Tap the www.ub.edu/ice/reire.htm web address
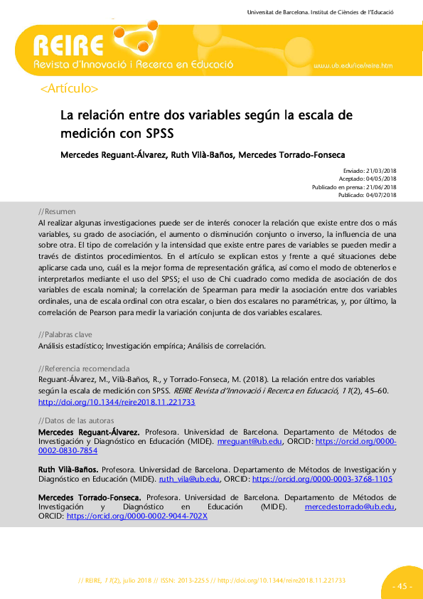353,66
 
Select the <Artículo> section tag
70,89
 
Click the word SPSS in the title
160,132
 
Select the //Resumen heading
57,212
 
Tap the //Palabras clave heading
65,334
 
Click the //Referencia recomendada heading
83,369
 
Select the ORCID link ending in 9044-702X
136,516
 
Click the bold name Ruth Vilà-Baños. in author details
68,470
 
